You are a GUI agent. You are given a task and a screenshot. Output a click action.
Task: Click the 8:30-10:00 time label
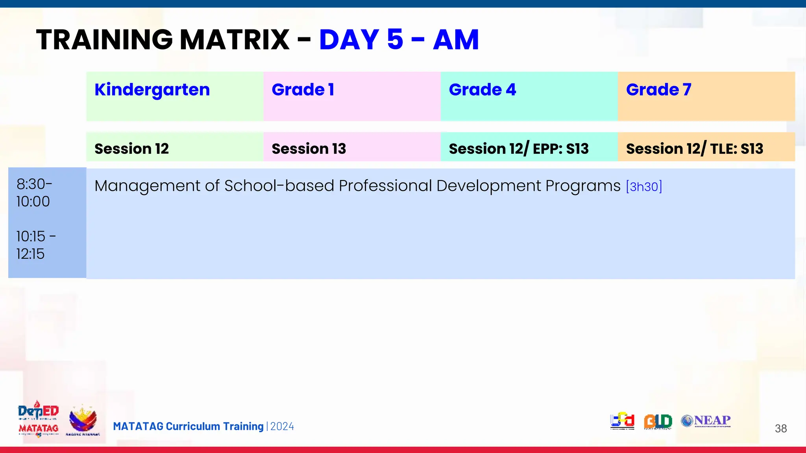[x=34, y=193]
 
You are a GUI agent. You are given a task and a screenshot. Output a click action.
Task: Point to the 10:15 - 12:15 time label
[x=35, y=245]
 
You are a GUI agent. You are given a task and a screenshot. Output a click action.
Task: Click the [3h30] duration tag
[x=644, y=186]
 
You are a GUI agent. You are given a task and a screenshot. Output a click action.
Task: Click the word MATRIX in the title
[x=235, y=40]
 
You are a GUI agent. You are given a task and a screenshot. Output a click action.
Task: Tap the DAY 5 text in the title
[x=361, y=40]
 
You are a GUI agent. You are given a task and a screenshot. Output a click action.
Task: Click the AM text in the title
[x=456, y=40]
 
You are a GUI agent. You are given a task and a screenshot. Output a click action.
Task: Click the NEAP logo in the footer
[x=706, y=421]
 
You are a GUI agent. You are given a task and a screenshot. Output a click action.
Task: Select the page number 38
[x=780, y=428]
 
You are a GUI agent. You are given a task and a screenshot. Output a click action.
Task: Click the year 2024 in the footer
[x=282, y=426]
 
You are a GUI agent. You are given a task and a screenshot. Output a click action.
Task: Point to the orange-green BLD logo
[x=658, y=421]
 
